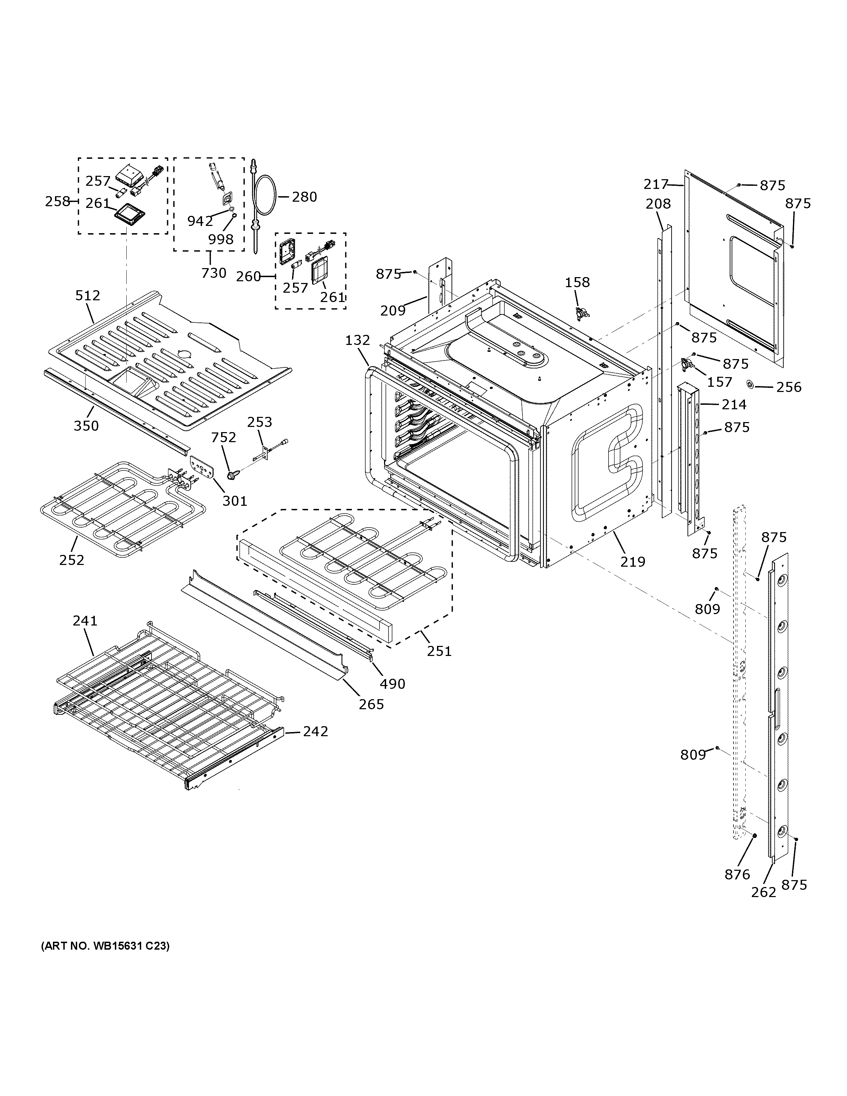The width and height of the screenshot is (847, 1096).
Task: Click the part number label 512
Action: coord(88,295)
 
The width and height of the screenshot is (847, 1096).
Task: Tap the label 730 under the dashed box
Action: coord(214,273)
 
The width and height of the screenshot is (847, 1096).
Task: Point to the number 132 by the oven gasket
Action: coord(357,340)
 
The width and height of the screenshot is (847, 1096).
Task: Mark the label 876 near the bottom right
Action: coord(737,875)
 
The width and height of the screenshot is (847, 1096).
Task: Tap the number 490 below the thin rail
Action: coord(392,684)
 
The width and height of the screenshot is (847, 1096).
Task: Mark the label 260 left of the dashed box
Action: coord(249,276)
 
